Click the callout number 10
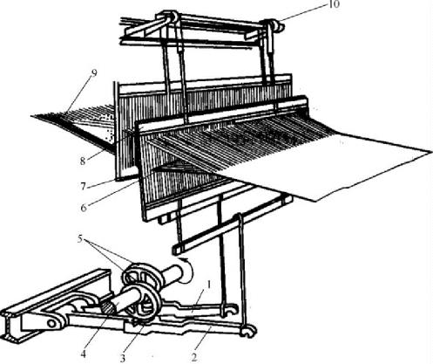(335, 4)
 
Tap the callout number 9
(93, 72)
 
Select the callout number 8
(83, 161)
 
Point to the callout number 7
(84, 186)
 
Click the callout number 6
(84, 208)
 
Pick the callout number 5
(81, 238)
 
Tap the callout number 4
(84, 354)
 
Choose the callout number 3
(123, 358)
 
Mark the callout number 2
(194, 357)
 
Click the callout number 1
(209, 285)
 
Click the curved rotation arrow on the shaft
(186, 270)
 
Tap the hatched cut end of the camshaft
(109, 308)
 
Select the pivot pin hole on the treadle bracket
(51, 323)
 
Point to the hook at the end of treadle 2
(249, 331)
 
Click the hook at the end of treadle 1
(229, 309)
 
